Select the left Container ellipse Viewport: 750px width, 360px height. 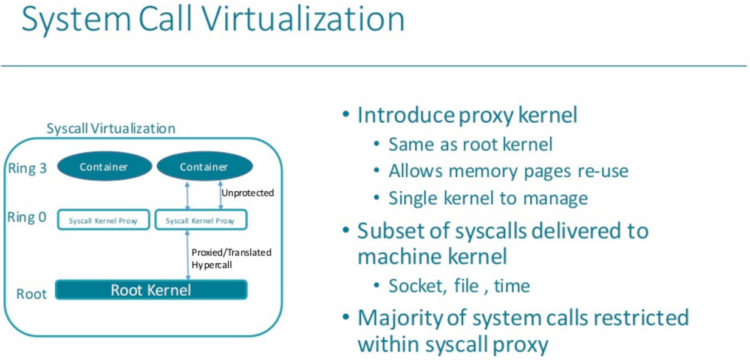104,166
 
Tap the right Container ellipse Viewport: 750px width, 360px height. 205,166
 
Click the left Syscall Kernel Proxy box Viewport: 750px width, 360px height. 103,220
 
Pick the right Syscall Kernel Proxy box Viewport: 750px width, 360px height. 201,220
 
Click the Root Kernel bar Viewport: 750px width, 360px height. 151,290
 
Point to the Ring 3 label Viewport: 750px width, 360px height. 27,168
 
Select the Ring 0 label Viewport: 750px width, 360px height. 27,217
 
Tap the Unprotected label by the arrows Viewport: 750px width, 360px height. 248,193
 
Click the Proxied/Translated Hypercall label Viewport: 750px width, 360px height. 231,259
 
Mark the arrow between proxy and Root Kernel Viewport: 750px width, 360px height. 188,255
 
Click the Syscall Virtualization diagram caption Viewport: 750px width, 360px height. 111,129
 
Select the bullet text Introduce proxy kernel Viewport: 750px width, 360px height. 468,115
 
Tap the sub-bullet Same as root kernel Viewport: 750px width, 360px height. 471,144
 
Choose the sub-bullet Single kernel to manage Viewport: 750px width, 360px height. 488,199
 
